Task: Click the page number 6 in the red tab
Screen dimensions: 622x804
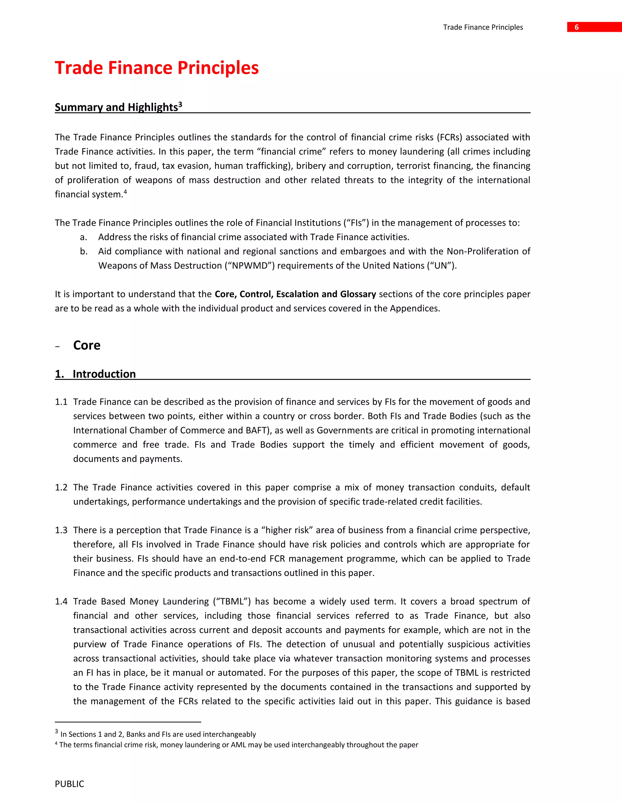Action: tap(576, 27)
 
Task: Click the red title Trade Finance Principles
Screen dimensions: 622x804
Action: tap(157, 68)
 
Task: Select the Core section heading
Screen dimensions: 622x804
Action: tap(87, 345)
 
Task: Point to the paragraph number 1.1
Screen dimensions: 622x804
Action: tap(61, 402)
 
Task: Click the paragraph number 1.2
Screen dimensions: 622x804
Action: tap(61, 488)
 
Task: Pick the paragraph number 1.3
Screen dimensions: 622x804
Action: tap(61, 530)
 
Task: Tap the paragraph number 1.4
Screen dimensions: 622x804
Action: tap(61, 602)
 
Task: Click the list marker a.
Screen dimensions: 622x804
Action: tap(83, 237)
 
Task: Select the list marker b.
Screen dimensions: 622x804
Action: tap(84, 252)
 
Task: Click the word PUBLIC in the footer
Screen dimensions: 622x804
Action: tap(69, 784)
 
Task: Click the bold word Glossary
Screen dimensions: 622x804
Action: tap(358, 294)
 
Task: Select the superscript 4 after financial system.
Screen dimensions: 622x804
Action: tap(125, 192)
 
